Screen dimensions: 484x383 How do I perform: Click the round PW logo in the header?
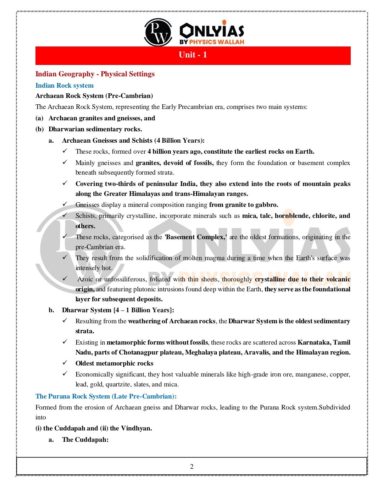pyautogui.click(x=158, y=32)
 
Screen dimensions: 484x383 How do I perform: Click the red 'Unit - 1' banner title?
pyautogui.click(x=193, y=55)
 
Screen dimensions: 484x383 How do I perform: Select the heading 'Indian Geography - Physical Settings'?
pyautogui.click(x=95, y=74)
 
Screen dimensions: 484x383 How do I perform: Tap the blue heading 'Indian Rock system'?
pyautogui.click(x=65, y=86)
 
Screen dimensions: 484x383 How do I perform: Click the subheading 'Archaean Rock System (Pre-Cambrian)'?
pyautogui.click(x=94, y=96)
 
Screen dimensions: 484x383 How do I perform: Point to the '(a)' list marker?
pyautogui.click(x=39, y=118)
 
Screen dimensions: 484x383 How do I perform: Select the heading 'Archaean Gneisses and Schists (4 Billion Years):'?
pyautogui.click(x=133, y=141)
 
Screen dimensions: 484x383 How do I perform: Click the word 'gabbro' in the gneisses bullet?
pyautogui.click(x=267, y=205)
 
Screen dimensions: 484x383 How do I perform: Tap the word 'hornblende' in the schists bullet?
pyautogui.click(x=292, y=216)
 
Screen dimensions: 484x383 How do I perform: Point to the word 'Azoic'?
pyautogui.click(x=85, y=279)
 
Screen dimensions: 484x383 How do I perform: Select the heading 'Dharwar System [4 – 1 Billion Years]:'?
pyautogui.click(x=118, y=310)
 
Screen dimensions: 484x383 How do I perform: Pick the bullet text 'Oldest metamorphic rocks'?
pyautogui.click(x=115, y=363)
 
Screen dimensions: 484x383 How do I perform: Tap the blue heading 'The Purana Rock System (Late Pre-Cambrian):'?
pyautogui.click(x=106, y=396)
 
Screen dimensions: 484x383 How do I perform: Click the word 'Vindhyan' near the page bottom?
pyautogui.click(x=136, y=428)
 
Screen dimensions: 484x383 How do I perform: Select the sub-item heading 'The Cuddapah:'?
pyautogui.click(x=85, y=440)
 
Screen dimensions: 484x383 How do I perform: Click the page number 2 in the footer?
pyautogui.click(x=192, y=467)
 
